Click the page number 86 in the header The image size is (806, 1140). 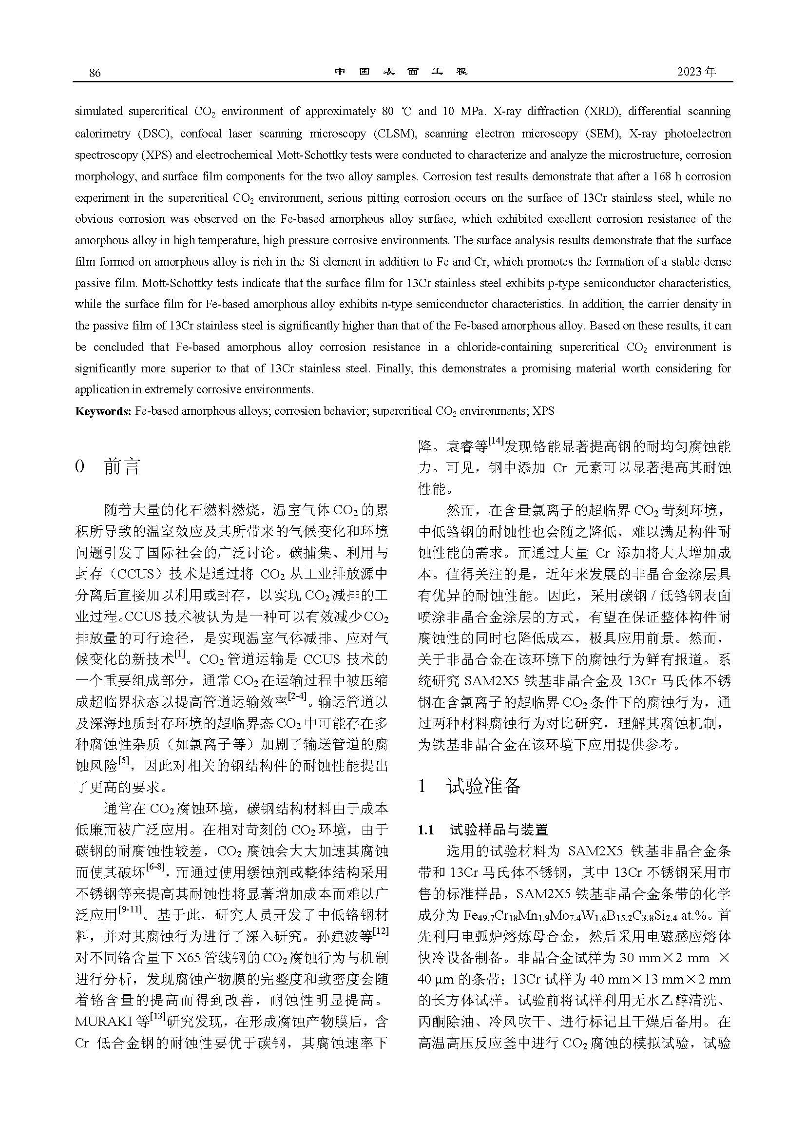(x=95, y=73)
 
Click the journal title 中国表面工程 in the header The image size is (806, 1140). (x=401, y=72)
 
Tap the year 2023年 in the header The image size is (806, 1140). (x=697, y=72)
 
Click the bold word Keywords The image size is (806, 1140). (x=102, y=411)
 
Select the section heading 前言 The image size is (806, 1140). (x=122, y=467)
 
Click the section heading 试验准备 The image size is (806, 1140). (x=484, y=786)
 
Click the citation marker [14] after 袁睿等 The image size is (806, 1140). (x=496, y=441)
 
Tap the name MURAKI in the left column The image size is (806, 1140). (x=104, y=1022)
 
